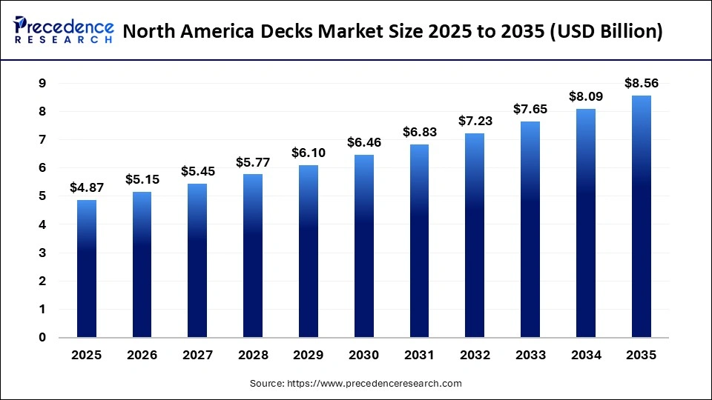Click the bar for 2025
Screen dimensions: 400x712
point(87,269)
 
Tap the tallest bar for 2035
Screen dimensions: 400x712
point(642,216)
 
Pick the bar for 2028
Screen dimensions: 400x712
point(253,256)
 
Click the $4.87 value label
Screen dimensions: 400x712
point(87,188)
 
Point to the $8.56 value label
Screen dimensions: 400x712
point(642,84)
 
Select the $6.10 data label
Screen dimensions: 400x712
point(309,153)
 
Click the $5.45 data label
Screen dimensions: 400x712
point(197,171)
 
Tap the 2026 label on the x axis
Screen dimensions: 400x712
point(142,356)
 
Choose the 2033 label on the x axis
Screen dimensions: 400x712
point(530,356)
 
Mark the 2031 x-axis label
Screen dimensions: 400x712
point(420,356)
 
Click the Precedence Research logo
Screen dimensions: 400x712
point(64,30)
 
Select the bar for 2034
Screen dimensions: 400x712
point(586,223)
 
